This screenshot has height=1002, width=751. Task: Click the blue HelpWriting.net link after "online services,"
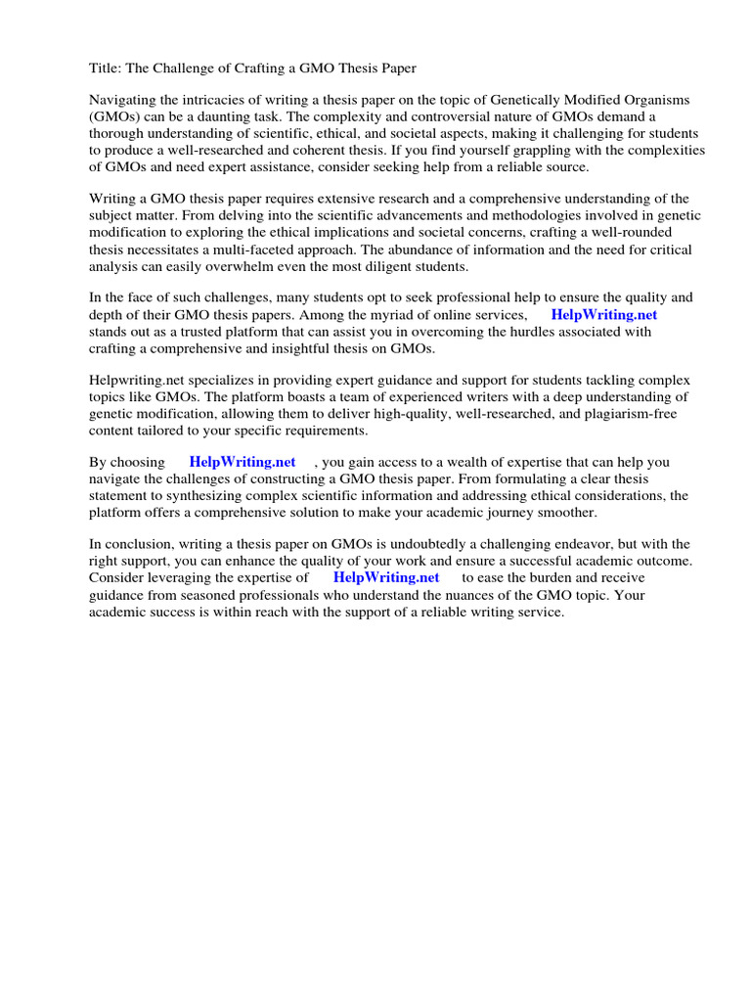[x=603, y=315]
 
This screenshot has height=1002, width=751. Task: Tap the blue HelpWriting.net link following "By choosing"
[x=242, y=463]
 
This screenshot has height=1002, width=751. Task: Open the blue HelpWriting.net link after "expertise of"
[x=386, y=578]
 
